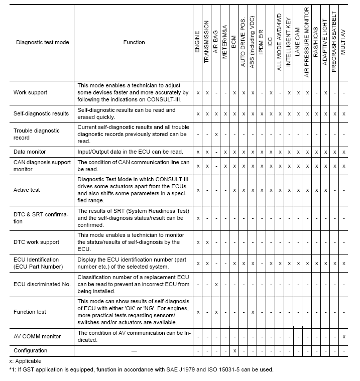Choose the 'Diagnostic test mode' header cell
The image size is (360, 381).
pyautogui.click(x=42, y=43)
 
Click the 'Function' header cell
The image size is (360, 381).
pyautogui.click(x=134, y=43)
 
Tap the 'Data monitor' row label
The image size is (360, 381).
pyautogui.click(x=30, y=151)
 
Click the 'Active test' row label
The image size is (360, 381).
pyautogui.click(x=28, y=190)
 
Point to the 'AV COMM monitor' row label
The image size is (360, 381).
pyautogui.click(x=37, y=336)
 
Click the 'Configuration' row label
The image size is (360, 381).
pyautogui.click(x=31, y=350)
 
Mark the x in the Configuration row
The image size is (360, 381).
pyautogui.click(x=234, y=350)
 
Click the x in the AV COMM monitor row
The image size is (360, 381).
pyautogui.click(x=343, y=336)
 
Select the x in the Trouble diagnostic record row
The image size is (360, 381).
pyautogui.click(x=216, y=135)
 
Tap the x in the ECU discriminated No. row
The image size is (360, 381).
pyautogui.click(x=216, y=284)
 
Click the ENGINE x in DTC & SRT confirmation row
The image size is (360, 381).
pyautogui.click(x=198, y=218)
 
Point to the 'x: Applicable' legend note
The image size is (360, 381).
pyautogui.click(x=25, y=361)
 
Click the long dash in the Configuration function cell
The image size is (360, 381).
pyautogui.click(x=134, y=350)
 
